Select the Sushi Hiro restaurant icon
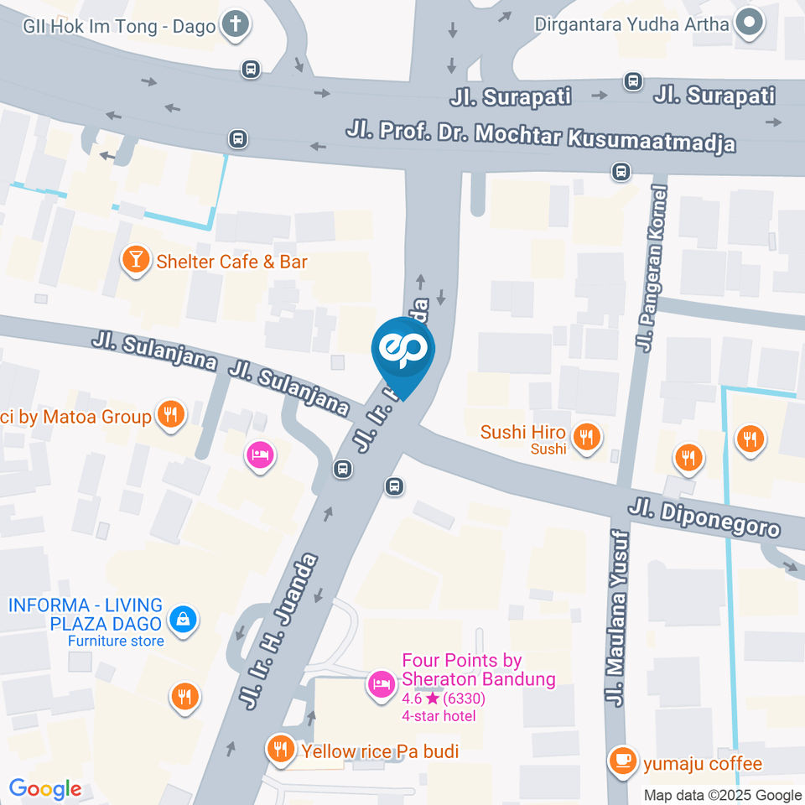[585, 436]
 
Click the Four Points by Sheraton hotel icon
[381, 683]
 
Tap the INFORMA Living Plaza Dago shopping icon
[181, 620]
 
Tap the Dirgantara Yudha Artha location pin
[747, 23]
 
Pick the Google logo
[44, 789]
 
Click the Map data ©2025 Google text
[722, 795]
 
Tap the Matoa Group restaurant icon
[171, 414]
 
